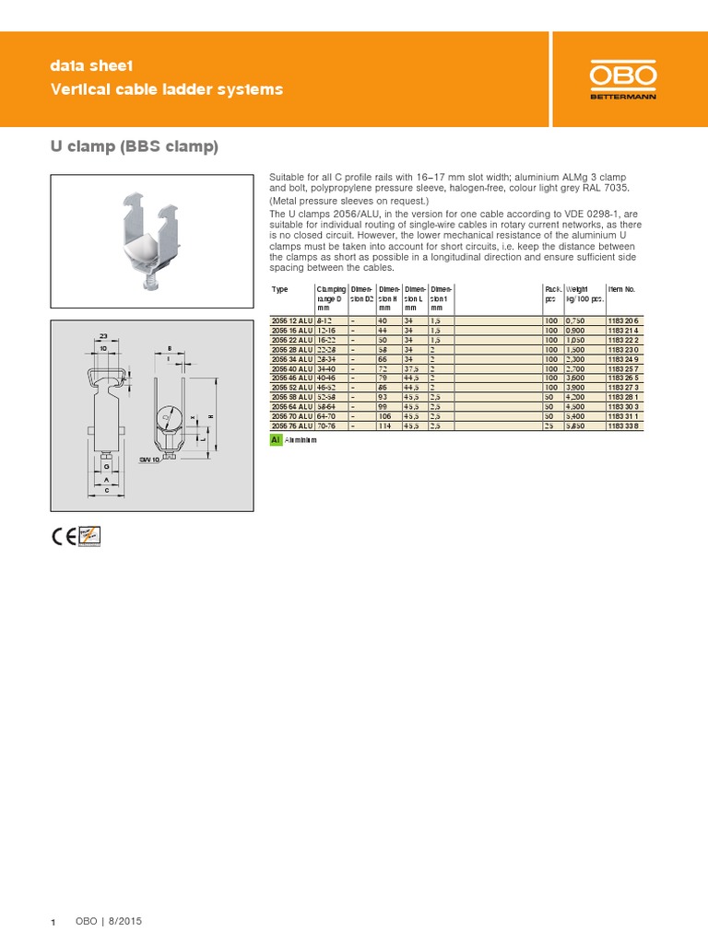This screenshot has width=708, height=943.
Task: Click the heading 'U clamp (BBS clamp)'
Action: pyautogui.click(x=134, y=147)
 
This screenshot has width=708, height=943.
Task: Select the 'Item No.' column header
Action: pyautogui.click(x=622, y=289)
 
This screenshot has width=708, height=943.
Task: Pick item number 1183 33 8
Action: pyautogui.click(x=622, y=428)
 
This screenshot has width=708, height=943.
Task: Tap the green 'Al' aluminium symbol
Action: pyautogui.click(x=275, y=441)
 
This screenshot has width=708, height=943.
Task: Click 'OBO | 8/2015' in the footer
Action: pyautogui.click(x=109, y=922)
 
